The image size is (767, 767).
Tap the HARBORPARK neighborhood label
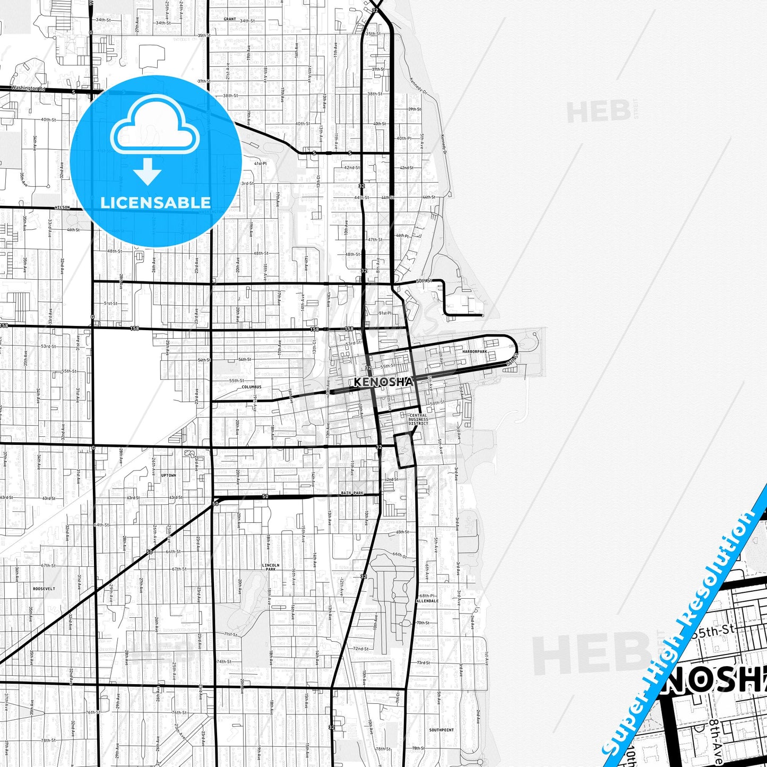[474, 352]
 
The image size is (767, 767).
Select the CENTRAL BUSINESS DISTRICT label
[418, 419]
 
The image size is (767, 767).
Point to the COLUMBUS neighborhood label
[252, 387]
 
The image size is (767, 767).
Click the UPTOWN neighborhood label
[168, 475]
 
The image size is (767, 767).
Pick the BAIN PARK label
[352, 493]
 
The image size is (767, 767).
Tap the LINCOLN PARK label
[270, 567]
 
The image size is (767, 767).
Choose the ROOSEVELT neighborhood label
[44, 589]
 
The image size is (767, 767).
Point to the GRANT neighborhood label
[230, 19]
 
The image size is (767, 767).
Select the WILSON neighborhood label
[62, 208]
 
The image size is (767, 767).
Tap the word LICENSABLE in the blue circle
[156, 202]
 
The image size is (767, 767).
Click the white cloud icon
[155, 125]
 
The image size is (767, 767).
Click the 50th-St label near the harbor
[424, 280]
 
